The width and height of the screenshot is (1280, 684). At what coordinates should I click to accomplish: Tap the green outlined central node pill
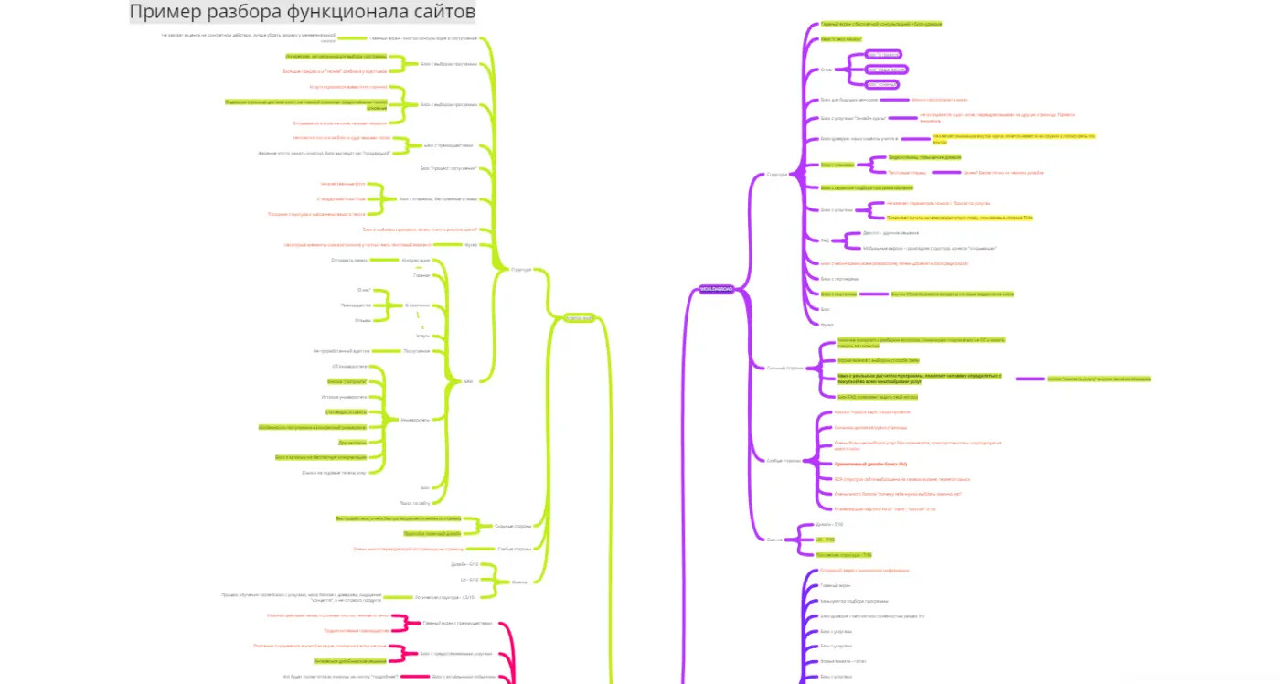pos(578,318)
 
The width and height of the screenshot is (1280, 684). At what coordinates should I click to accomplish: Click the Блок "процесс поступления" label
pos(448,168)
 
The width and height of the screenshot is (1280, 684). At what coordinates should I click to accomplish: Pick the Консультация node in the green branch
pos(416,260)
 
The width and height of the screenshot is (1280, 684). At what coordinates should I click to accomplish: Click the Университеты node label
pos(415,420)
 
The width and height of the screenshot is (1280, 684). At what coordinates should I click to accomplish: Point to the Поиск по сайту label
pos(414,502)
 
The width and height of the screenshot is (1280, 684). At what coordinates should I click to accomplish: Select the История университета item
pos(344,397)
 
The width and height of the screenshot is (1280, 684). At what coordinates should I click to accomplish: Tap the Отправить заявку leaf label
pos(348,260)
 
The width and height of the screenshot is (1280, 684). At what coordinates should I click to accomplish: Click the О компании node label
pos(417,305)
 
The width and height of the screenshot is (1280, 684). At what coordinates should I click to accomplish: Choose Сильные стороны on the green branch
pos(513,526)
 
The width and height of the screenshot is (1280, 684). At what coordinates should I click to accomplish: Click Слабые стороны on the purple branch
pos(784,460)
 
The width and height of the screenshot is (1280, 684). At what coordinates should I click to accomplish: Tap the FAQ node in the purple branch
pos(824,240)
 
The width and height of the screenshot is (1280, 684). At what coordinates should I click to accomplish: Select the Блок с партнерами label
pos(839,278)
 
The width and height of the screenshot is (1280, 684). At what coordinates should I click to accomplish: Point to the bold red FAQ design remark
pos(858,465)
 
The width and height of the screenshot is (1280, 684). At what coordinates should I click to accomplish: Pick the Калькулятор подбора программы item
pos(854,601)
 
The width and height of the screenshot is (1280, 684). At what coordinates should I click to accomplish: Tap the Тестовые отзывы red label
pos(908,172)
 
